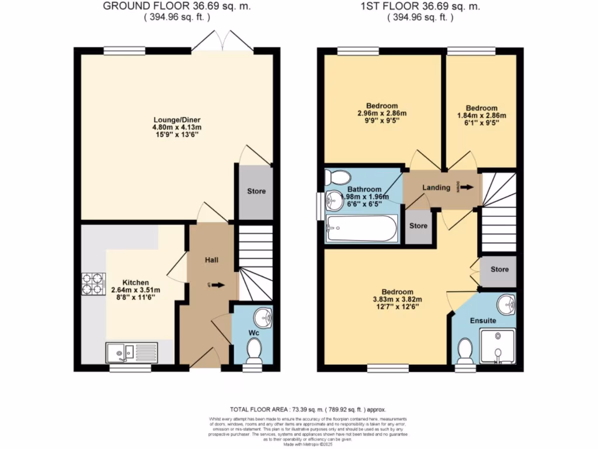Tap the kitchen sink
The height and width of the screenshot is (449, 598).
tap(131, 352)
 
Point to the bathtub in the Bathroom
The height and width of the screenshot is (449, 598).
tap(361, 229)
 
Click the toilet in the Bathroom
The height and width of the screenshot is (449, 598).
tap(337, 176)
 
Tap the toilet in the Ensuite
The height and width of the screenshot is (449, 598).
tap(465, 351)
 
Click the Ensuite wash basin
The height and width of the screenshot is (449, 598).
tap(506, 304)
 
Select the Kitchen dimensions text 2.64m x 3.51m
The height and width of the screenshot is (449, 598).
tap(135, 290)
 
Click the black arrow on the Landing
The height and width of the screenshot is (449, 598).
tap(468, 188)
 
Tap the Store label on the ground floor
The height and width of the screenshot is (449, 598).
tap(256, 191)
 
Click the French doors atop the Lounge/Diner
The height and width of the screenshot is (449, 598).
tap(224, 42)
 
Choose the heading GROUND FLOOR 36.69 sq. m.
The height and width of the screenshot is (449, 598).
tap(157, 6)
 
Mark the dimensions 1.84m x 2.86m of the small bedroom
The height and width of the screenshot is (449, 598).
tap(482, 116)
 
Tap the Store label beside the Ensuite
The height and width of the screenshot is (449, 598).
tap(499, 270)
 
